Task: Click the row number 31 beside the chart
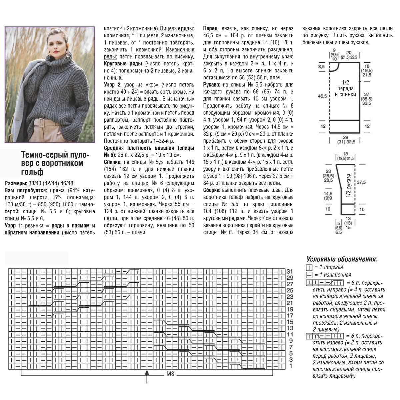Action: click(289, 271)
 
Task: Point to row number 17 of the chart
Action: click(289, 315)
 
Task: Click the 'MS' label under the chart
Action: click(170, 374)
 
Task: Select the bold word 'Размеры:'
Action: click(16, 183)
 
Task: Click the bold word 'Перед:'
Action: click(211, 28)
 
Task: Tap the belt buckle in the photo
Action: click(41, 122)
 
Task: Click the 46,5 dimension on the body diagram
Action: click(322, 96)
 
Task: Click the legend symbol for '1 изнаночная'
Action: click(309, 275)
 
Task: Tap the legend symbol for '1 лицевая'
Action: click(309, 267)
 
